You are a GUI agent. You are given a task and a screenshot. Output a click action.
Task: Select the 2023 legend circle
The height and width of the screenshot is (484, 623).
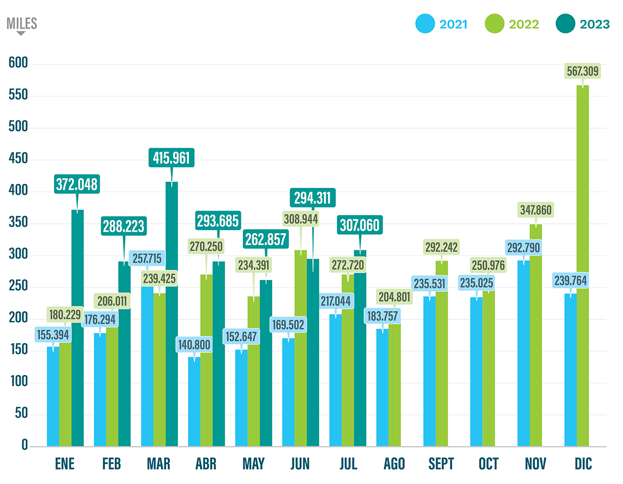pyautogui.click(x=564, y=24)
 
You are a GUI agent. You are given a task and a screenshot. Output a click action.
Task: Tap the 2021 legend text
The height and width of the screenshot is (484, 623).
pyautogui.click(x=453, y=24)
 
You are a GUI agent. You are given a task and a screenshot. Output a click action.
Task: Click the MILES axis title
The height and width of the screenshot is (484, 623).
pyautogui.click(x=21, y=23)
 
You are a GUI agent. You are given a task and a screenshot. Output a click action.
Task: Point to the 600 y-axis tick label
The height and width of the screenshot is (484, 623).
pyautogui.click(x=19, y=63)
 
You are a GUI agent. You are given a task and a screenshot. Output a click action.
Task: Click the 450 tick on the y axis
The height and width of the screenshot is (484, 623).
pyautogui.click(x=19, y=159)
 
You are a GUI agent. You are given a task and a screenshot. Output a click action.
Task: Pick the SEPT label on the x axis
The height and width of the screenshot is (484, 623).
pyautogui.click(x=441, y=464)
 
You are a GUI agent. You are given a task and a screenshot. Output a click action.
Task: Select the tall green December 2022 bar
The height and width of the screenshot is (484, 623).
pyautogui.click(x=583, y=270)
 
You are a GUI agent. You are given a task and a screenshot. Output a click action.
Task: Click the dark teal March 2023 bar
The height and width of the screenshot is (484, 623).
pyautogui.click(x=171, y=317)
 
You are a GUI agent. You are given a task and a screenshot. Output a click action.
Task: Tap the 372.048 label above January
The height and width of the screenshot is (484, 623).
pyautogui.click(x=77, y=184)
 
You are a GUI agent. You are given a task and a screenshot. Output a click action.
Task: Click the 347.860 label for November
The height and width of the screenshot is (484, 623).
pyautogui.click(x=535, y=210)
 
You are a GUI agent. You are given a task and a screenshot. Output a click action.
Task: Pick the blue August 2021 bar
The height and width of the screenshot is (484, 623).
pyautogui.click(x=382, y=389)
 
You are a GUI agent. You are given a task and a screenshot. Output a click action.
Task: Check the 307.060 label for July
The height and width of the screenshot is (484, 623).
pyautogui.click(x=360, y=224)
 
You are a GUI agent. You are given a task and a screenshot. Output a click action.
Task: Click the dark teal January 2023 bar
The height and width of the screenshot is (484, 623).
pyautogui.click(x=77, y=332)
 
